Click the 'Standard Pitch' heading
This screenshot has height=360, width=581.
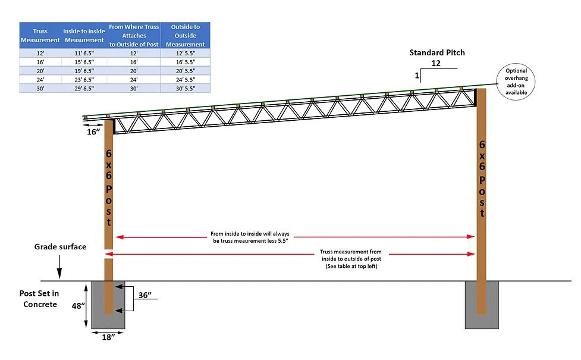[437, 52]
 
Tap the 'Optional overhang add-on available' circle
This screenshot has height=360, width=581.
[516, 82]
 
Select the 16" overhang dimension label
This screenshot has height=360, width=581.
[93, 132]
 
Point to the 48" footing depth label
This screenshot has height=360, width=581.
[78, 306]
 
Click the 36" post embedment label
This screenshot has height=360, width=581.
[145, 295]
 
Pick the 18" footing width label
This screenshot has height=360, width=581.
[108, 337]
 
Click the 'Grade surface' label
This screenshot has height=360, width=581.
[61, 246]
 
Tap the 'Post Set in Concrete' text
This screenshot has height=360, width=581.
[39, 299]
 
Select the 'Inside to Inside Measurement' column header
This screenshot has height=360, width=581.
[84, 36]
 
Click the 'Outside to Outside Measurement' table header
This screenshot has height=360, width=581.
[186, 36]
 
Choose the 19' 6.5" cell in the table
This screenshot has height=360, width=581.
[84, 71]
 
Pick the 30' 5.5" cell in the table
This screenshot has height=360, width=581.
[186, 89]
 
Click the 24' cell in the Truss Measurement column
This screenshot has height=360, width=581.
[40, 80]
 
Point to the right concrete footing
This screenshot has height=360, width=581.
[482, 305]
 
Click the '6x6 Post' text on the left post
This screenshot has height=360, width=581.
[109, 187]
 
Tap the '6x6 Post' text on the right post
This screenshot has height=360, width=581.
[482, 179]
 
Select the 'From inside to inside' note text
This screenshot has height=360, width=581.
[250, 237]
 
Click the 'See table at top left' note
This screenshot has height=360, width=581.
[351, 266]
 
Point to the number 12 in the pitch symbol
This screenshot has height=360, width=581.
[436, 63]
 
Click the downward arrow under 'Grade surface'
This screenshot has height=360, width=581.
[59, 267]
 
